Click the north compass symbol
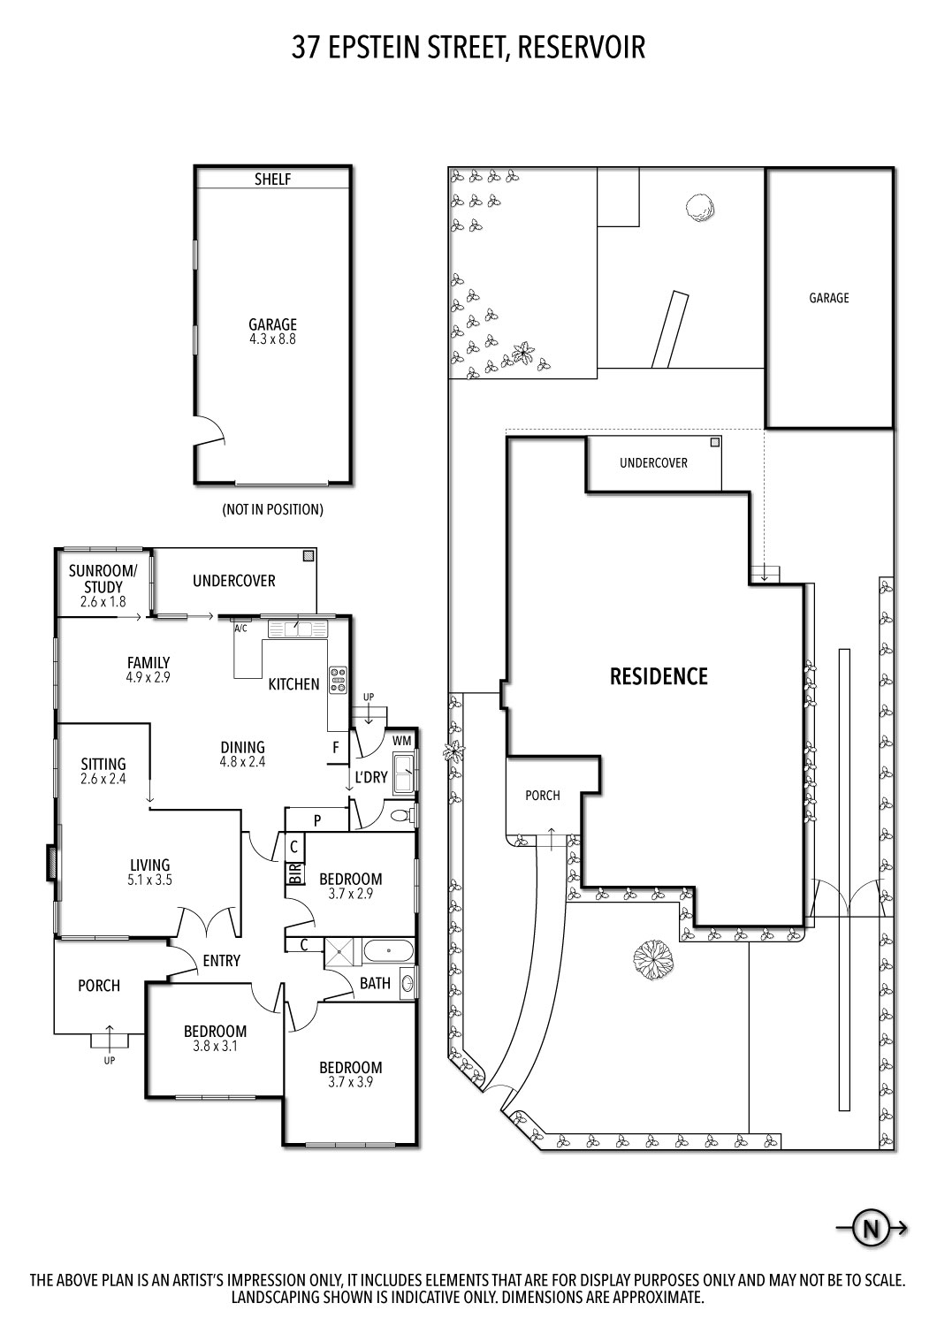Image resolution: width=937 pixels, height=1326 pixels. (871, 1228)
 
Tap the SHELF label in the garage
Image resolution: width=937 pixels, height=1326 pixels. (273, 179)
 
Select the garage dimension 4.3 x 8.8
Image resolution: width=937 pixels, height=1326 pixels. (272, 339)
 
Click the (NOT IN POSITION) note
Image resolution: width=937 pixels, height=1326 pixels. (272, 510)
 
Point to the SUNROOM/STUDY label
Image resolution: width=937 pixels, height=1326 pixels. (103, 579)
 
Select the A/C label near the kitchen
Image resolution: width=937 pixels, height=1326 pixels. (240, 629)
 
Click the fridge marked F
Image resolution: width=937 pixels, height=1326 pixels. (336, 747)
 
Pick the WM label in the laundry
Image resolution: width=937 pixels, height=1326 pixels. (402, 740)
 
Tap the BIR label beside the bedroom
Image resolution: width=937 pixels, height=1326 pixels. (294, 873)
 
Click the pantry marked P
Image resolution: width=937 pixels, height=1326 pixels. (316, 820)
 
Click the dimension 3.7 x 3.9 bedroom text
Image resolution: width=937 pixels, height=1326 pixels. (351, 1081)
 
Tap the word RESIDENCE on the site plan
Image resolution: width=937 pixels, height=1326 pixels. (659, 676)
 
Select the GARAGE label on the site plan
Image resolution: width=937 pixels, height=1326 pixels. (828, 298)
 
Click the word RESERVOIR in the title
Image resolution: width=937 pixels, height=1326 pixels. (581, 48)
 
